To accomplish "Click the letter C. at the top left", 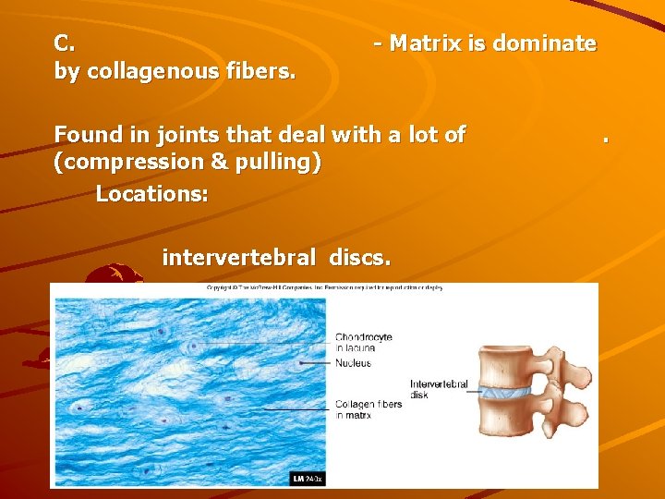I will point(66,43).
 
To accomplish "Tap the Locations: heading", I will point(152,194).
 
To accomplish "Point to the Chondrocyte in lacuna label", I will point(364,342).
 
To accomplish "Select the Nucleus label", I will point(354,363).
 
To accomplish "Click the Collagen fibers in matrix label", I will point(369,409).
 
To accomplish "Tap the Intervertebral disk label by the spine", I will point(439,389).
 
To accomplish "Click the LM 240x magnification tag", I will point(308,479).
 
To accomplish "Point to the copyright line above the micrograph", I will point(323,287).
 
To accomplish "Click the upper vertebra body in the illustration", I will point(507,366).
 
